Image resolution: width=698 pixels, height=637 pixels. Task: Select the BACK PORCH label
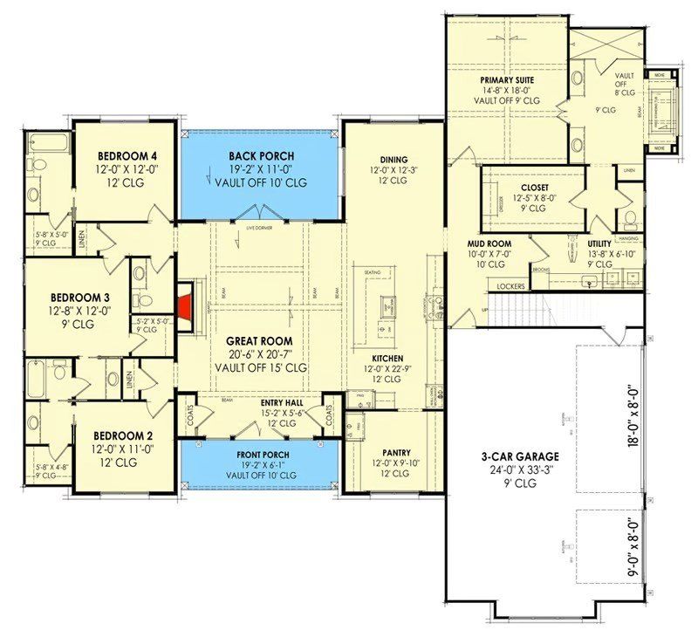(261, 155)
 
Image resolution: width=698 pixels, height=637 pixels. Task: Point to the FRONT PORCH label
(260, 455)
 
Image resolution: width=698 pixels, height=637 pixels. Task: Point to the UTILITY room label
(601, 243)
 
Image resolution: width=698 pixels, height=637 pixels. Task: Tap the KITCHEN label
(387, 358)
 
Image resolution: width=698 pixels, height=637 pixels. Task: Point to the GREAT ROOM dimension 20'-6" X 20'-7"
(261, 353)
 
